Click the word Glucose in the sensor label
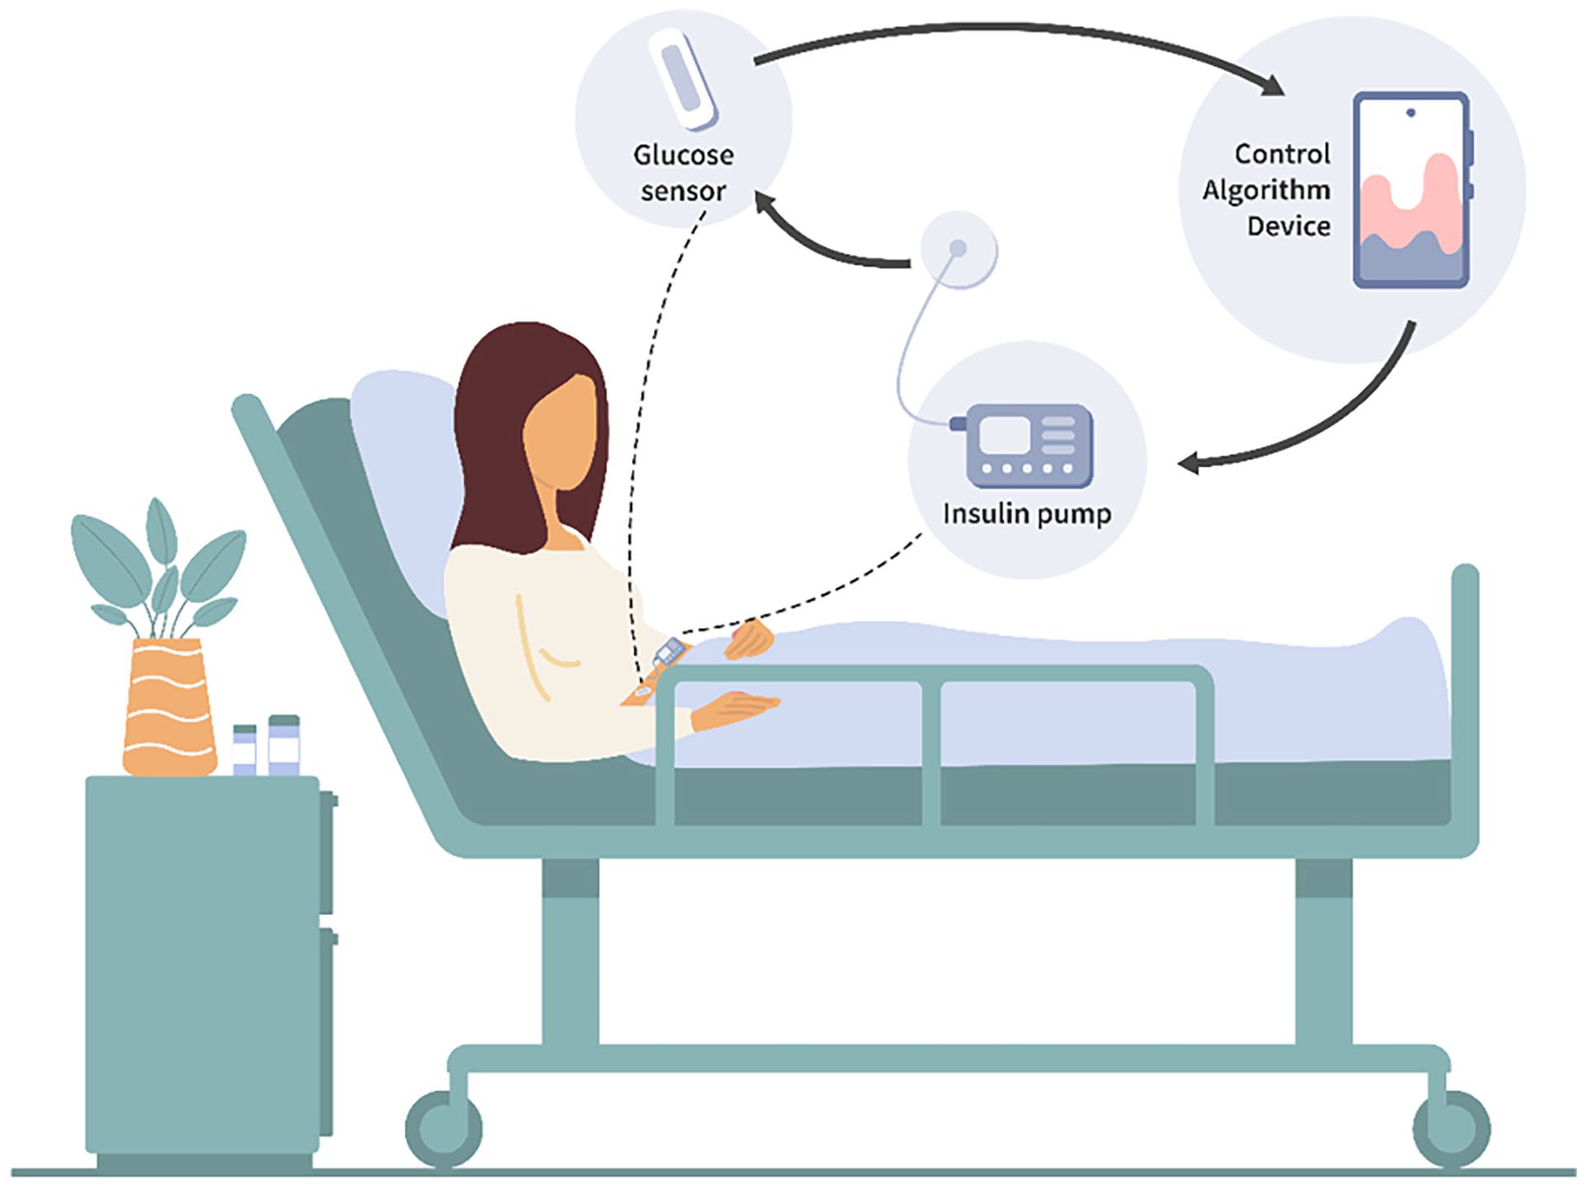point(683,155)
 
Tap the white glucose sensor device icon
point(683,80)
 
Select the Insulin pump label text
point(1027,514)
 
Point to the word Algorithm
point(1266,190)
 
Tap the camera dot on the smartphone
point(1411,113)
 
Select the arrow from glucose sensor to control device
point(1020,32)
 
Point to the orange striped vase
point(169,707)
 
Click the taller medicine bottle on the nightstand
point(284,745)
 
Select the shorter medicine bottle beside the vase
point(245,750)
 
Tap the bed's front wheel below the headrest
point(444,1128)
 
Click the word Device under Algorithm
point(1289,226)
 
